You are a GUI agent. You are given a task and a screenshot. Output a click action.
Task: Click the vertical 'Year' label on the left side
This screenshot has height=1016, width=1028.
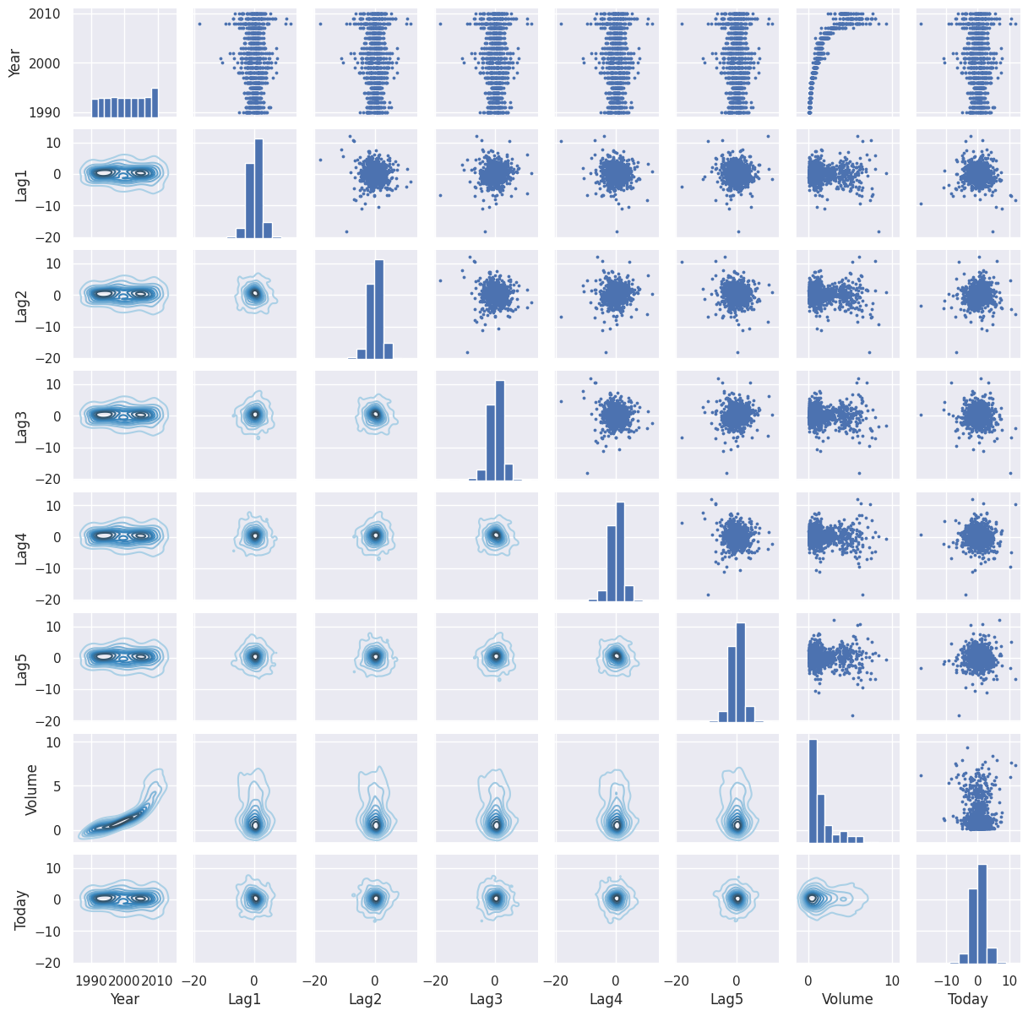[x=14, y=63]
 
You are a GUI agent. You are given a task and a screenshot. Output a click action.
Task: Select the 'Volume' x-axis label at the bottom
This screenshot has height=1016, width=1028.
[x=846, y=998]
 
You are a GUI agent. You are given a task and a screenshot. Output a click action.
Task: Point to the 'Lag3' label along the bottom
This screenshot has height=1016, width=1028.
[x=485, y=998]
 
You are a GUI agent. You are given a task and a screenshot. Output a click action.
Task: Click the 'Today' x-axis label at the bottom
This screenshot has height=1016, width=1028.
[x=967, y=998]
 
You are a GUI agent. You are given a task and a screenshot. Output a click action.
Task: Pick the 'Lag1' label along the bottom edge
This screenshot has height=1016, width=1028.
[x=244, y=998]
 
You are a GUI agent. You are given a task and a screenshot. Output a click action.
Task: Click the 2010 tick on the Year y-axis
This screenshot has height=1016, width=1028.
[x=44, y=14]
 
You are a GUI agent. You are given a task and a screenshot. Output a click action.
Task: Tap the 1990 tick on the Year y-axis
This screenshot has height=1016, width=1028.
[x=44, y=112]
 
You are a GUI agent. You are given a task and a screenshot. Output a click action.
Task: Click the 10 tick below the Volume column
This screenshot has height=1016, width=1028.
[x=891, y=980]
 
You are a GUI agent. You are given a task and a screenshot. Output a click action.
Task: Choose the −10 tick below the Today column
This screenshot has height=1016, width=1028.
[x=944, y=980]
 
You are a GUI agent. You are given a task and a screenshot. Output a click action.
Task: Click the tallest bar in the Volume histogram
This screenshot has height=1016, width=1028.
[x=813, y=791]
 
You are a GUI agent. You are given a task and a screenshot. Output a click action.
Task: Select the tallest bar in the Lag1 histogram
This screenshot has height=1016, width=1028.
[x=258, y=188]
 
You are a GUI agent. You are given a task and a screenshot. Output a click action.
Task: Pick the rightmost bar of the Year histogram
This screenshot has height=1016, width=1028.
[x=155, y=102]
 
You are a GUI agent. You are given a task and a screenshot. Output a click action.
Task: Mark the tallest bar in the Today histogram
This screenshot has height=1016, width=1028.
[x=982, y=914]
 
